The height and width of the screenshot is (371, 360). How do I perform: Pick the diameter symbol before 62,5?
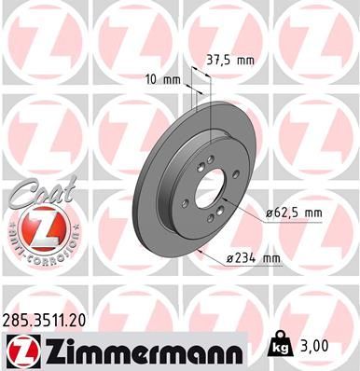[268, 213]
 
